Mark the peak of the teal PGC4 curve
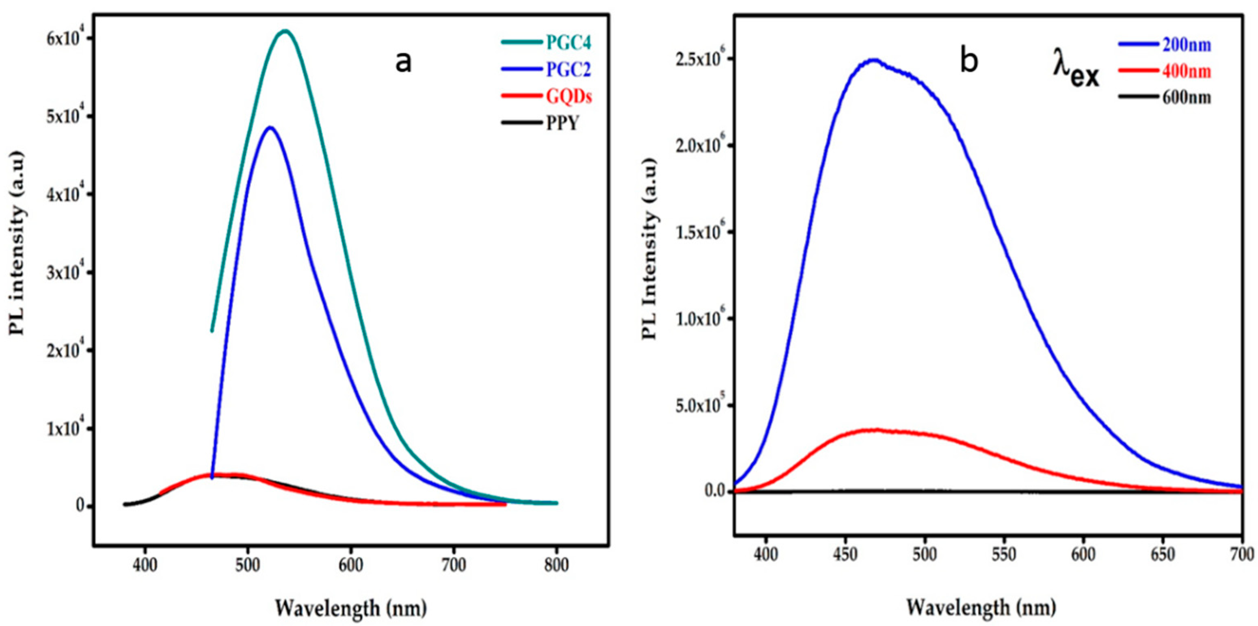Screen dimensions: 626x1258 coord(285,31)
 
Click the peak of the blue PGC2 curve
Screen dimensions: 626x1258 coord(270,128)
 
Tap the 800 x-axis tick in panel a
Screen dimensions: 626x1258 coord(556,566)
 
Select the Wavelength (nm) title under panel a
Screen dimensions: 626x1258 coord(350,608)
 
